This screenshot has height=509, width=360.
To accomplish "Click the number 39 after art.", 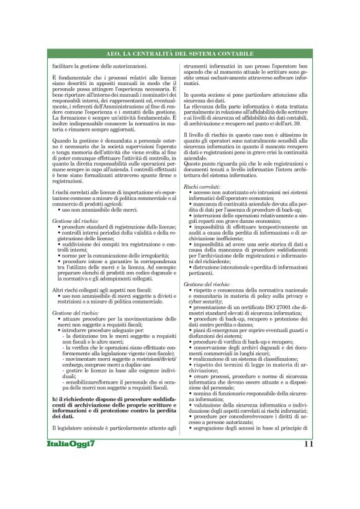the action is click(x=291, y=124).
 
